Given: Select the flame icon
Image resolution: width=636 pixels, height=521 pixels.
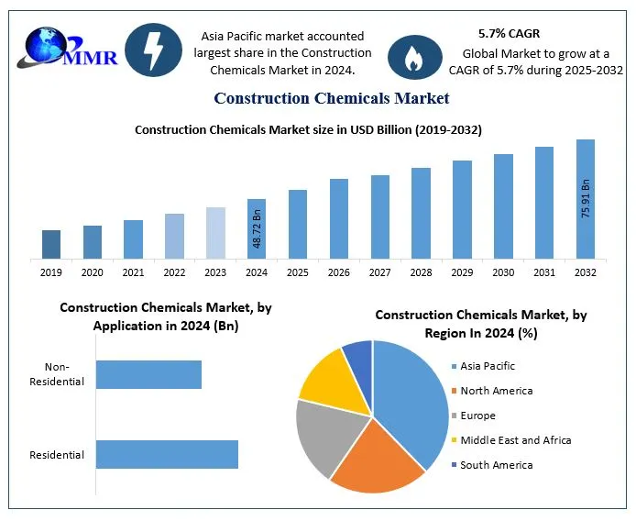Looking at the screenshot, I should click(414, 57).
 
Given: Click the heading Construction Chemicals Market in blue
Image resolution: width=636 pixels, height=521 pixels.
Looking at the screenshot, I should click(332, 97).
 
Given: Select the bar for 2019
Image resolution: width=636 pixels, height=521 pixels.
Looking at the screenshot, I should click(51, 244).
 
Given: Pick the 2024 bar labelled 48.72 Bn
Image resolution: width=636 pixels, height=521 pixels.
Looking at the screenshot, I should click(257, 228).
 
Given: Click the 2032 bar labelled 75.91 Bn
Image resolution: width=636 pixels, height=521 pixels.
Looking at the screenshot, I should click(585, 199).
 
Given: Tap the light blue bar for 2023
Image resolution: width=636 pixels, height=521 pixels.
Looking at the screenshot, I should click(215, 233).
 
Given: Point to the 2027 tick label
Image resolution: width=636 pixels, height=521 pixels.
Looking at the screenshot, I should click(379, 272).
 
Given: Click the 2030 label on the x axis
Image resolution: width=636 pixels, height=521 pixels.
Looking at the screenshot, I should click(503, 272).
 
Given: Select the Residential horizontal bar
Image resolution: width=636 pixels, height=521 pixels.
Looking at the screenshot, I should click(167, 455).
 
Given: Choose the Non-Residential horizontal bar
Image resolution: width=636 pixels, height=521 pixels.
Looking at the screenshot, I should click(148, 374).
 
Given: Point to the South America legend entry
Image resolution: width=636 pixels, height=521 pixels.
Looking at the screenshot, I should click(495, 465).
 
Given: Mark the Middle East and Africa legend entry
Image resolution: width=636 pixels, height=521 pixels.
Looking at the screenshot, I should click(514, 440).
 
